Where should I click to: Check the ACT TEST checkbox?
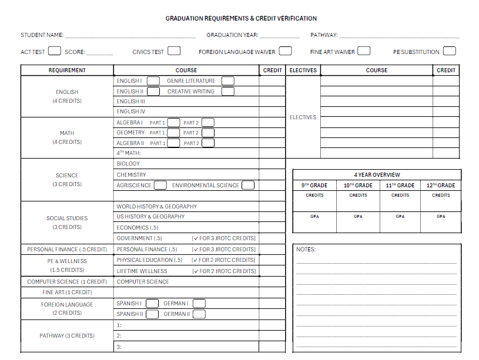[x=55, y=51]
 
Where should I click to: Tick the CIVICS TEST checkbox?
[x=174, y=51]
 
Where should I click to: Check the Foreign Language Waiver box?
[x=286, y=51]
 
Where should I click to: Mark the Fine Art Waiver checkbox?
[x=364, y=51]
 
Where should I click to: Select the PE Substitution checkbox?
[x=449, y=51]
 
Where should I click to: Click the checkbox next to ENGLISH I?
[x=153, y=81]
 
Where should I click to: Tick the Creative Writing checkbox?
[x=227, y=92]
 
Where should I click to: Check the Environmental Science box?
[x=248, y=186]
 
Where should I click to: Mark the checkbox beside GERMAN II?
[x=199, y=314]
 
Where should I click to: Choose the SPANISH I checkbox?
[x=152, y=304]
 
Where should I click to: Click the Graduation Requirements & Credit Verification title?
[x=241, y=19]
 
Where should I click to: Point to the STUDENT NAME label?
[x=42, y=35]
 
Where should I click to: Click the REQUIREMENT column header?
[x=67, y=70]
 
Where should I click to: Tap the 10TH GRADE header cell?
[x=358, y=186]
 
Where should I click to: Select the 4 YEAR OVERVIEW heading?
[x=377, y=175]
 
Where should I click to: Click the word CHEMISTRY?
[x=131, y=175]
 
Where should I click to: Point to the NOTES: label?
[x=306, y=250]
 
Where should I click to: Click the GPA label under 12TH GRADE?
[x=441, y=216]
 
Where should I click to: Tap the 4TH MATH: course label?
[x=129, y=153]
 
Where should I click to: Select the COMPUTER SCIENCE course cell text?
[x=143, y=282]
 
